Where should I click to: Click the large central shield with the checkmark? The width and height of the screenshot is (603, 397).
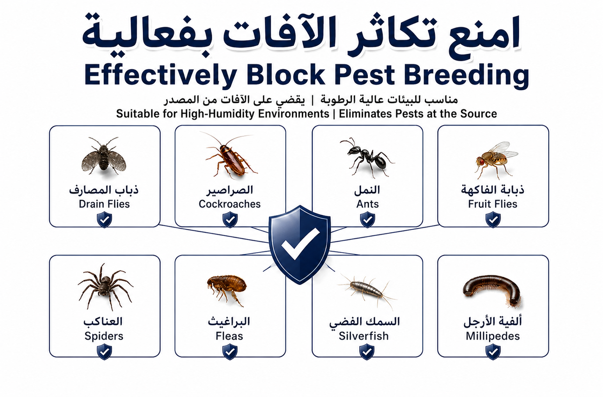click(x=300, y=244)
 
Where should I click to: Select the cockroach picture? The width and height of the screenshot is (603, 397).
click(x=231, y=156)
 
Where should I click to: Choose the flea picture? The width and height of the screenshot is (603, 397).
click(x=227, y=290)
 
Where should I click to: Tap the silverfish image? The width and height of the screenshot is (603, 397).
click(x=367, y=292)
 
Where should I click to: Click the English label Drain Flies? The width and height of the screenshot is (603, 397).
click(x=104, y=204)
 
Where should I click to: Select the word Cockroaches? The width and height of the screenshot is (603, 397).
click(x=230, y=204)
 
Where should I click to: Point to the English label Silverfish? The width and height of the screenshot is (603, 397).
click(x=364, y=336)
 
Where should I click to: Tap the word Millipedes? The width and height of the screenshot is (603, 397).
click(x=493, y=336)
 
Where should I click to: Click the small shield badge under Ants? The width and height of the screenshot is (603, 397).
click(x=367, y=219)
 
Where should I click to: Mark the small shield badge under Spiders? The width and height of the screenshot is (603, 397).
click(x=105, y=352)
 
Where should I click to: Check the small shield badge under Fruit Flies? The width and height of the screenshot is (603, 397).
click(x=493, y=219)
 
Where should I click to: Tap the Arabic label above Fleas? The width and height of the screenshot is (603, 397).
click(x=229, y=321)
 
